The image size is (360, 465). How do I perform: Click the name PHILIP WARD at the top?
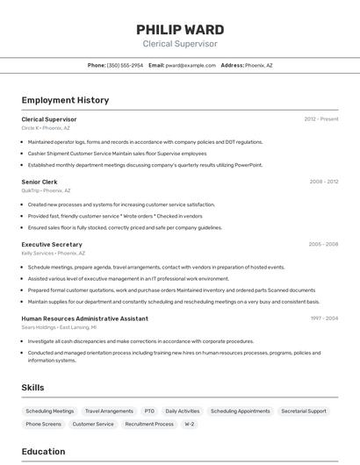click(179, 29)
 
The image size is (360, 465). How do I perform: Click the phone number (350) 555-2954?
click(125, 65)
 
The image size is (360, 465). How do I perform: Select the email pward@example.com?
click(191, 65)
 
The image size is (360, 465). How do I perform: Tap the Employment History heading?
click(65, 100)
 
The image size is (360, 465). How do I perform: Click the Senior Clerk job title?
click(40, 182)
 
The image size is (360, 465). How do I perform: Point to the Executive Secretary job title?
click(52, 245)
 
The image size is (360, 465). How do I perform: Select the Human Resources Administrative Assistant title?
click(84, 318)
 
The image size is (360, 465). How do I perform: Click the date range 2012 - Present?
click(320, 119)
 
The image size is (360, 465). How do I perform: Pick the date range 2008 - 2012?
click(323, 182)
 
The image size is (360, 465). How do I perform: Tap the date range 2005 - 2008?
click(323, 245)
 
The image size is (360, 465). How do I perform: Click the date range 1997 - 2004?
click(323, 318)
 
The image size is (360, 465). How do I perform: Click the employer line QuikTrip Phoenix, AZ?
click(46, 190)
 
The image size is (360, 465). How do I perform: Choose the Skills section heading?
click(32, 387)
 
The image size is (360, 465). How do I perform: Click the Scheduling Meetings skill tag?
click(50, 411)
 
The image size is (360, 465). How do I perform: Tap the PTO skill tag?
click(149, 411)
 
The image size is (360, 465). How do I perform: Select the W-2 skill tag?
click(189, 424)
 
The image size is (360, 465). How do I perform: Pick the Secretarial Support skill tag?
click(304, 411)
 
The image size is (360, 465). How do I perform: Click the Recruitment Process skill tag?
click(149, 424)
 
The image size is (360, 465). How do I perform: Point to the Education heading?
click(43, 452)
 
